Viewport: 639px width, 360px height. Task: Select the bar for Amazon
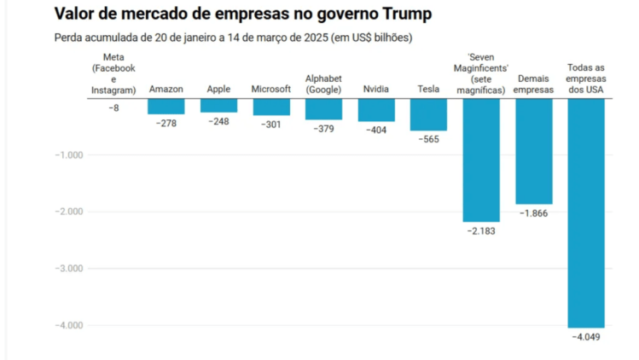[x=166, y=107]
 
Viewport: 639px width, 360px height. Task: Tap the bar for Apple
[x=218, y=106]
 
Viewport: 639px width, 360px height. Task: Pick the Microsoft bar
[x=271, y=107]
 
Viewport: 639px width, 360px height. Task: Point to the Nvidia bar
[x=376, y=110]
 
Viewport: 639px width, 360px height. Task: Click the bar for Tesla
[x=428, y=114]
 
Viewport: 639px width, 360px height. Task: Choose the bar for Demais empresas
[x=533, y=151]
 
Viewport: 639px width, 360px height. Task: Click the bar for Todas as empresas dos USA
[x=586, y=212]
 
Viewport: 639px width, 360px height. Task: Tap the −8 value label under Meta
[x=113, y=108]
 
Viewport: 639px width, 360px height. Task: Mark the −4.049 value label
[x=586, y=337]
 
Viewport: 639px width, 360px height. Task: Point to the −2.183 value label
[x=481, y=231]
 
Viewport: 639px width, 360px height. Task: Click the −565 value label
[x=428, y=139]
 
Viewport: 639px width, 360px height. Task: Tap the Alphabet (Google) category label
[x=323, y=84]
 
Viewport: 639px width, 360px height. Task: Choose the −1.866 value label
[x=533, y=212]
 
